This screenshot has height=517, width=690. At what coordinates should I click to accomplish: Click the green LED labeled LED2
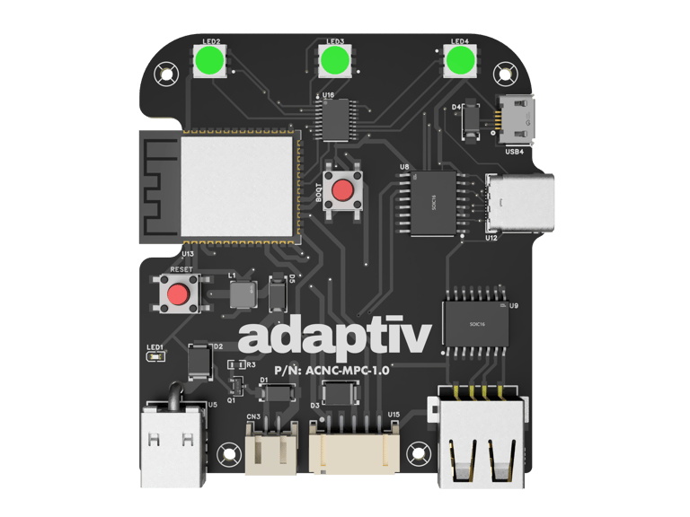click(x=210, y=62)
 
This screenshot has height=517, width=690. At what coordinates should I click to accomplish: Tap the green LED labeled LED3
click(x=336, y=61)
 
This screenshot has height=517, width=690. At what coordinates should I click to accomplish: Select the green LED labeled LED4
click(x=461, y=61)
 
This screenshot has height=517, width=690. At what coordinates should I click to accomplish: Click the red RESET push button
click(x=180, y=294)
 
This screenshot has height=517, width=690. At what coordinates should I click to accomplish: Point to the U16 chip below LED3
click(x=336, y=117)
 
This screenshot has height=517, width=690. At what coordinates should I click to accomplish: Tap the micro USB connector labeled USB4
click(x=517, y=120)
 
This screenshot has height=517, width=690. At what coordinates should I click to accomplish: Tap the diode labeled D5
click(x=277, y=293)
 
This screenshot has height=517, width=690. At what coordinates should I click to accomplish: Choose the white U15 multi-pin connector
click(x=354, y=446)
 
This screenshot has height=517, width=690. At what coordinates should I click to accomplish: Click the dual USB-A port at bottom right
click(x=481, y=442)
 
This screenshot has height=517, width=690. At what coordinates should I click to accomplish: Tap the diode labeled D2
click(x=199, y=362)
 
